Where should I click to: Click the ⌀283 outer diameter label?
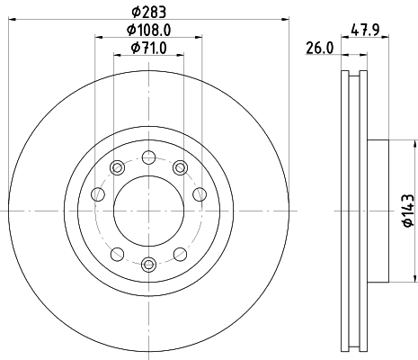147,12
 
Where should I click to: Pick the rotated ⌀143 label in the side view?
405,210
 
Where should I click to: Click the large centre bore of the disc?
147,210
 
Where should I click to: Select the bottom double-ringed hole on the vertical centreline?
147,264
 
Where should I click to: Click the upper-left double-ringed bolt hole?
116,166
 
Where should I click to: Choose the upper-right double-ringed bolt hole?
180,166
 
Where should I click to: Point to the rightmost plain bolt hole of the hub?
200,193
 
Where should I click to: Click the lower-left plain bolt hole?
116,253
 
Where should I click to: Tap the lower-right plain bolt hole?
180,253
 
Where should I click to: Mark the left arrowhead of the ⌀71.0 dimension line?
116,55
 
